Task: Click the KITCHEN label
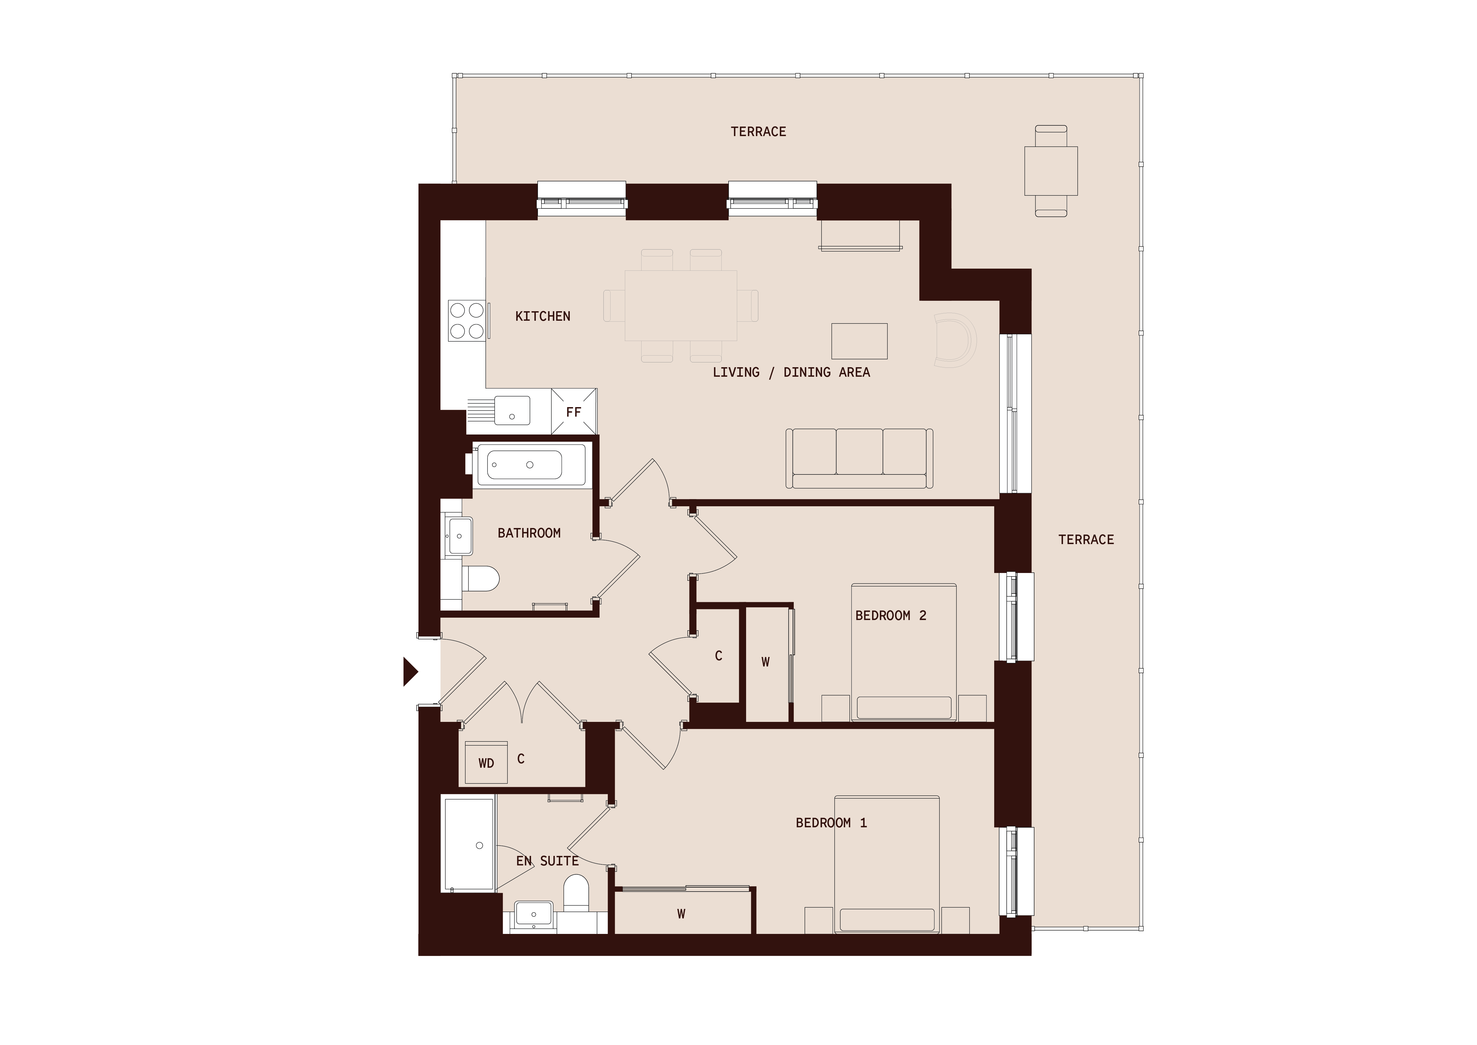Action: pos(543,316)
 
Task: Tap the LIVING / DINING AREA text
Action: pos(791,372)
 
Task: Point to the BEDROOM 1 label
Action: pos(831,822)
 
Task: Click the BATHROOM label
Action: pos(529,533)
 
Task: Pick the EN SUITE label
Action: pos(547,860)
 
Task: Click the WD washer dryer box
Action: pos(486,762)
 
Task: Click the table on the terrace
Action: pos(1051,171)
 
